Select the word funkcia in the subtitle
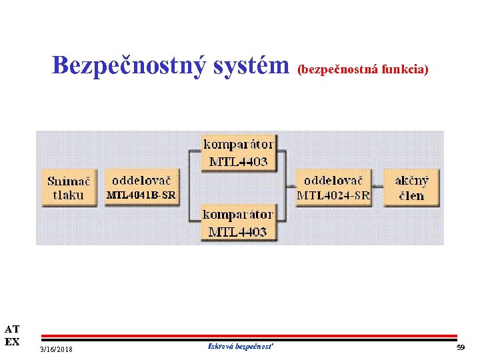tap(405, 69)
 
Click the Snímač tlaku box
tap(69, 187)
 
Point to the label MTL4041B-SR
tap(141, 195)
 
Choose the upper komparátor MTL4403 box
tap(238, 153)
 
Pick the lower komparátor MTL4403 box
tap(238, 223)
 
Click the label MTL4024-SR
tap(333, 195)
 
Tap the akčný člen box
tap(411, 187)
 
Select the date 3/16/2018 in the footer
tap(57, 350)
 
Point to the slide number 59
tap(460, 348)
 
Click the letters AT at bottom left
tap(12, 329)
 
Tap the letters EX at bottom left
tap(12, 341)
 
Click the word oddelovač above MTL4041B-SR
tap(141, 180)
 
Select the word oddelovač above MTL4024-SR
tap(334, 180)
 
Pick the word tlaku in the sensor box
tap(69, 195)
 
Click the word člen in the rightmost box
tap(411, 195)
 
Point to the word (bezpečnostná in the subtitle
tap(338, 69)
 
